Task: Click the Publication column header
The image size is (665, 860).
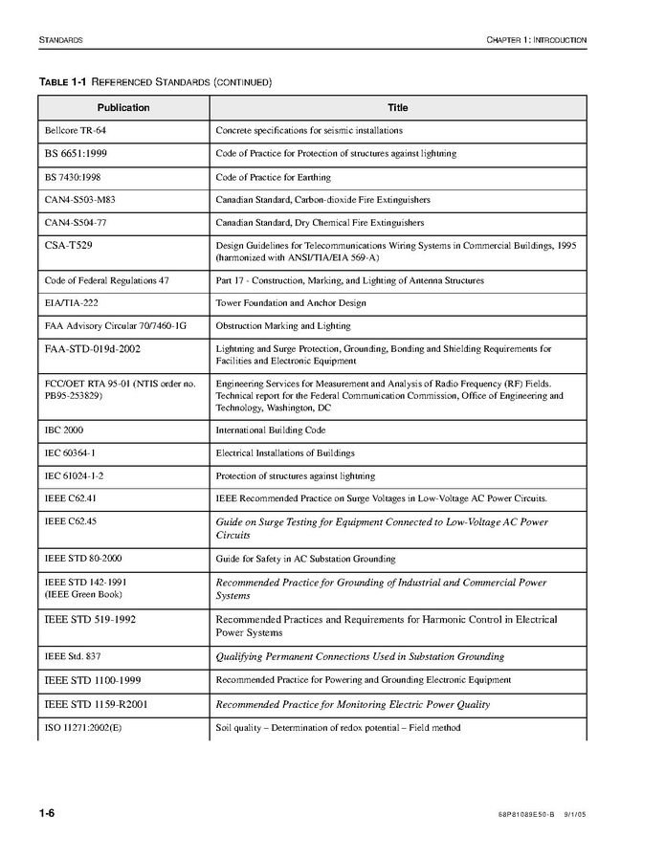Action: (123, 107)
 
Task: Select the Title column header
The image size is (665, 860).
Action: (397, 107)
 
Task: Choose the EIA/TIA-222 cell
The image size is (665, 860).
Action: (72, 303)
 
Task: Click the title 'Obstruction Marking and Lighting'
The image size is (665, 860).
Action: (283, 326)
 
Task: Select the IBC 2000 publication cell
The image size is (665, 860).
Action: (64, 430)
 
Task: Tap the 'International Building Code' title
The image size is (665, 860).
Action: (271, 430)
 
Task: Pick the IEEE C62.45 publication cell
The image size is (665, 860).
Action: (70, 522)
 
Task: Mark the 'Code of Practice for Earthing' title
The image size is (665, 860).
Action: (274, 177)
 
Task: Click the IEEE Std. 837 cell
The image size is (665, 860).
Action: (72, 656)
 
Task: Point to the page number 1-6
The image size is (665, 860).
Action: (47, 813)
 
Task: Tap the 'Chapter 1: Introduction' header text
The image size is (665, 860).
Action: (536, 40)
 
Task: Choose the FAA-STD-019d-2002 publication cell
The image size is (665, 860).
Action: (92, 349)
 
